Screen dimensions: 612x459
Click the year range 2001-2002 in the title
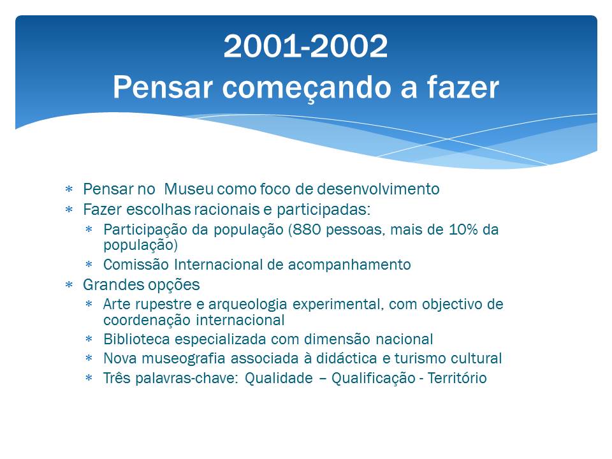[305, 46]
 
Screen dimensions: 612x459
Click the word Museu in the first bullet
[189, 189]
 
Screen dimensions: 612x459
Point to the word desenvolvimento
[378, 189]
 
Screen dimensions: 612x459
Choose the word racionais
[227, 210]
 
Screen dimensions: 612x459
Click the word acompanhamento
[349, 265]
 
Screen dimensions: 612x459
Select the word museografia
[184, 358]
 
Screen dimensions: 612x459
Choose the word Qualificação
[374, 378]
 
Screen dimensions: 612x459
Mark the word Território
[457, 378]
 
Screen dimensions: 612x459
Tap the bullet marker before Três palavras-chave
[89, 378]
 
